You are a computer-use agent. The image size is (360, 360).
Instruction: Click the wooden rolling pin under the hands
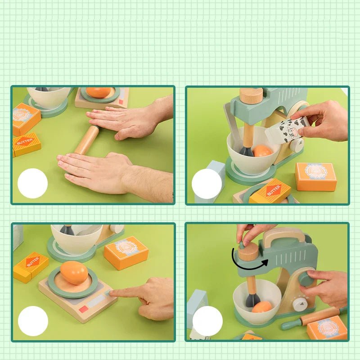(x=87, y=140)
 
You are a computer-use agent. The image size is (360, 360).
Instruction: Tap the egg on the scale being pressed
(x=74, y=273)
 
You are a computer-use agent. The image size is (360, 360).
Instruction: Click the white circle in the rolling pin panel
(x=32, y=184)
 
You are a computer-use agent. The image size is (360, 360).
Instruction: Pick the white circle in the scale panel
(x=33, y=321)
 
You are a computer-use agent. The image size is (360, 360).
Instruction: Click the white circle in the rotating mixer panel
(x=207, y=321)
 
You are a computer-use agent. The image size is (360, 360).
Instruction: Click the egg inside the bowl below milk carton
(x=262, y=151)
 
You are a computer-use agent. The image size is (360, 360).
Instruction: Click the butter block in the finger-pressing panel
(x=31, y=267)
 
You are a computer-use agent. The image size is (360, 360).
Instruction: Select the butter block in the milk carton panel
(x=270, y=191)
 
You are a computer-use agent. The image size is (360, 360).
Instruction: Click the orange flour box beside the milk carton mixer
(x=316, y=176)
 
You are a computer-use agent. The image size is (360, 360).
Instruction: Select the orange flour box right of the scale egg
(x=126, y=252)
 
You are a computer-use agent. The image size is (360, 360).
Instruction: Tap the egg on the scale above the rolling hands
(x=99, y=92)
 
